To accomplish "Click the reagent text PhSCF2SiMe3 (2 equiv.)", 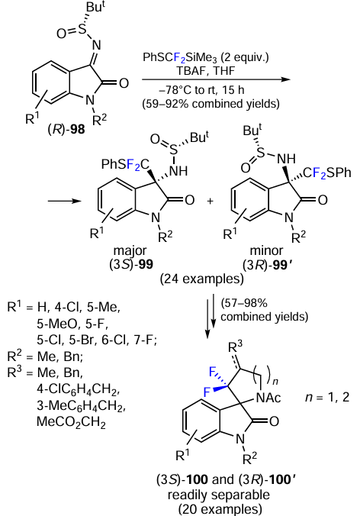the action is click(205, 57).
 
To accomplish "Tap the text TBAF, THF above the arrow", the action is click(206, 71).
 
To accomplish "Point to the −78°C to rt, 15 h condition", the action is click(206, 90).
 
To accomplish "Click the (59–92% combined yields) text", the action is click(211, 104).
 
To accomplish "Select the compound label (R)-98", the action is click(66, 129).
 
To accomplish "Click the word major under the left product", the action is click(130, 250).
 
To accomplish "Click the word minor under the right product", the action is click(266, 250).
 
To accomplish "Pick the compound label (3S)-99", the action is click(131, 264).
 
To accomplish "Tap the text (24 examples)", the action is click(202, 279).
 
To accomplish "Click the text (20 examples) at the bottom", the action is click(220, 509).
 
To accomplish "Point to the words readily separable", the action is click(219, 495).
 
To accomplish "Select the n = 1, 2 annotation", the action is click(327, 397).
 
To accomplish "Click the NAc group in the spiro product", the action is click(268, 398).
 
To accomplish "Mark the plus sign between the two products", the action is click(210, 201).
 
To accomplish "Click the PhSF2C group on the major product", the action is click(125, 164).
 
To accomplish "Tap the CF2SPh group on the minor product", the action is click(327, 173).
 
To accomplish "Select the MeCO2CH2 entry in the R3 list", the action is click(71, 421).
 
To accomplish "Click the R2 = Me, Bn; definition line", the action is click(45, 356).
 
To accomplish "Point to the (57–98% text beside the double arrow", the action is click(243, 302).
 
